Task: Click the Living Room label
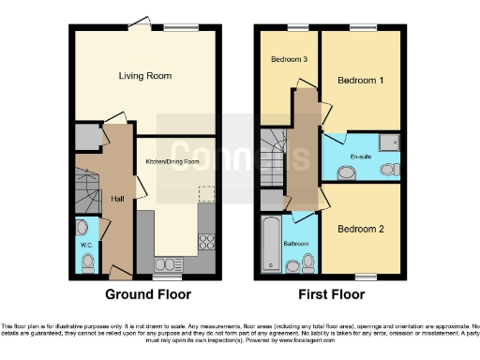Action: [x=144, y=75]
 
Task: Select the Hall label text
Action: [x=117, y=199]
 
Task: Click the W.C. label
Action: [x=85, y=244]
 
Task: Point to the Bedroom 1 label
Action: [x=361, y=81]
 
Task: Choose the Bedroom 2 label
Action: [x=361, y=229]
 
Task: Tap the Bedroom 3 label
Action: [x=290, y=59]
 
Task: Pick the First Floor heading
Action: [x=333, y=294]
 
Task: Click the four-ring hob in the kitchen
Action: [x=206, y=242]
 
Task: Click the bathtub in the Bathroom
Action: [x=273, y=244]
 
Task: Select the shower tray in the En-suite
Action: [x=394, y=142]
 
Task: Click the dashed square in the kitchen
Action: [x=205, y=193]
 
